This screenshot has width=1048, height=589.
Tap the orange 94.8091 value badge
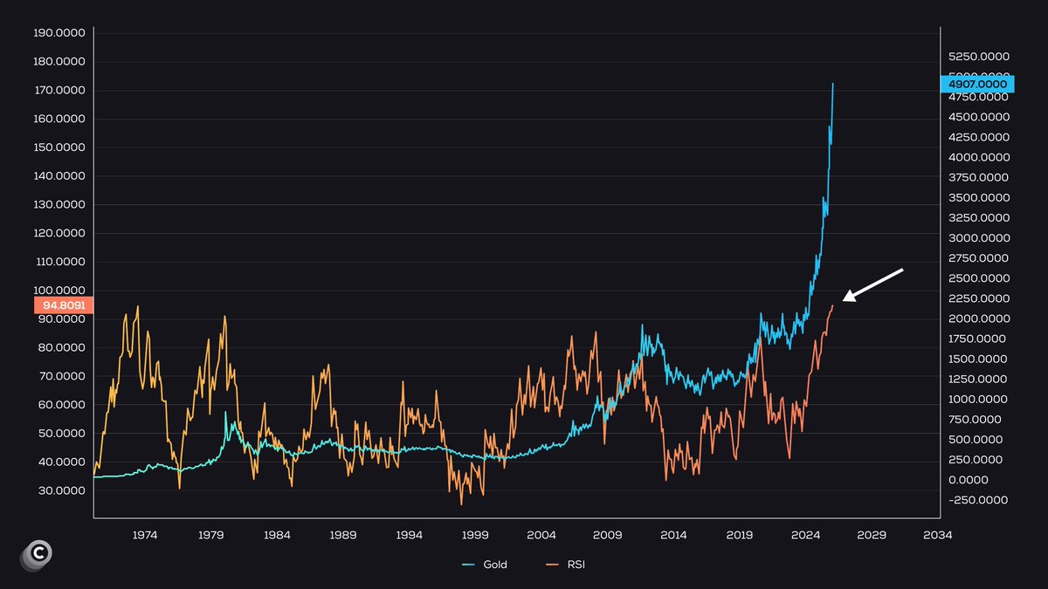(x=63, y=305)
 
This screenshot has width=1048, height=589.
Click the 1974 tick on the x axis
(x=145, y=534)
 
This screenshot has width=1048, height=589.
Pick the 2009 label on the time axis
(x=607, y=534)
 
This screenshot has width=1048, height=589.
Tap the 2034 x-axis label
(x=937, y=534)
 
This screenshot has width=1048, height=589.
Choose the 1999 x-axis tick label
(x=475, y=534)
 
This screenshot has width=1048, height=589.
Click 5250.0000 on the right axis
(x=979, y=57)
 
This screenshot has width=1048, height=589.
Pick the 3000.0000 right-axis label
(x=979, y=238)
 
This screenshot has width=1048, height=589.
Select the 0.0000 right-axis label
(x=969, y=480)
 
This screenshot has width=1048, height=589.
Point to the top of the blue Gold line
(x=833, y=84)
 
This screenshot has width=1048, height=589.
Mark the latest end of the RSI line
(x=833, y=305)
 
